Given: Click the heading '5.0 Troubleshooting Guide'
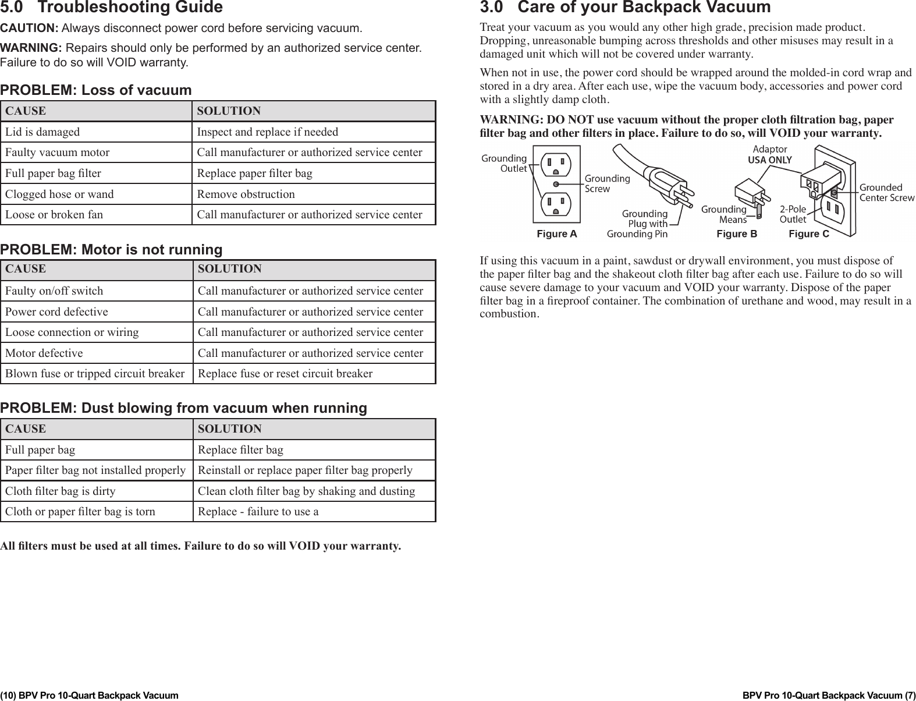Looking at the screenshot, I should [x=111, y=8].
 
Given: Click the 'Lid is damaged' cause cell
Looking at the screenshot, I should [x=42, y=132].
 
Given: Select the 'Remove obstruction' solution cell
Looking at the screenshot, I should [x=246, y=194].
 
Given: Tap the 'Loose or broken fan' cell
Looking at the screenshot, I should [x=54, y=215].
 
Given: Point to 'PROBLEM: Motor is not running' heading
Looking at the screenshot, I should [x=111, y=250].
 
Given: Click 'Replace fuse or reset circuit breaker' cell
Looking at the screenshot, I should [x=285, y=374].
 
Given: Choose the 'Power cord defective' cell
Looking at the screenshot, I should [x=56, y=312].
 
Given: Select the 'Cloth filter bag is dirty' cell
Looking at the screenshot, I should [x=60, y=491].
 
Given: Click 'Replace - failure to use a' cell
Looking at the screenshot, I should [x=258, y=512].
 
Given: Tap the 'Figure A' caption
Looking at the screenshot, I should [x=556, y=234].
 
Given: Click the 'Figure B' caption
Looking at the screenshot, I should [x=736, y=234].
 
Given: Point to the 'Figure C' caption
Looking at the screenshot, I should [x=808, y=234].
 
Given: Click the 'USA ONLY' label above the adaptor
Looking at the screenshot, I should [x=769, y=160].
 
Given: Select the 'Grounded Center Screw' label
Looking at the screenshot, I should [x=886, y=193].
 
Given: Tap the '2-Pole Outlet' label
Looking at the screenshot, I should [x=793, y=214].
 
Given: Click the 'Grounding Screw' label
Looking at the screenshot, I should [x=606, y=183].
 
